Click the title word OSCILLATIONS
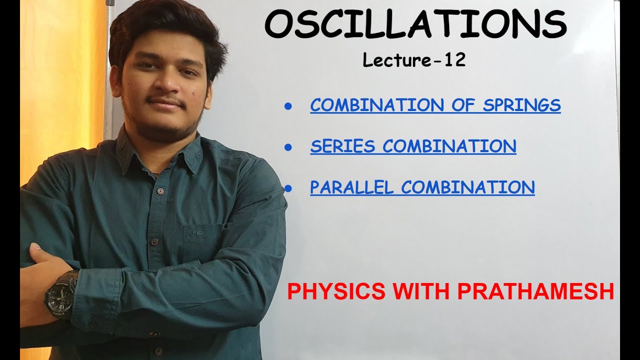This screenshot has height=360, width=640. (415, 25)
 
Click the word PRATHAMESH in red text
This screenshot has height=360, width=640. (535, 292)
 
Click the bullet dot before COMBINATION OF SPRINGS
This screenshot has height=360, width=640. (287, 106)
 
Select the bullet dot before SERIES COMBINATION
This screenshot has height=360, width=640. (287, 147)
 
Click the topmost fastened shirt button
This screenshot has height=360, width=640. (160, 191)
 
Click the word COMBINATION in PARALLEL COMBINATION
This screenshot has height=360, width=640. (468, 187)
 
